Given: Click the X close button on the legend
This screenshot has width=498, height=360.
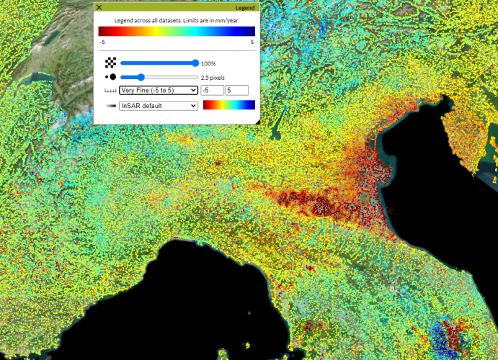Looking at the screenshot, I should point(99,7).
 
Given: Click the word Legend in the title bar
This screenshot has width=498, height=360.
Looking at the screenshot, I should point(246,7).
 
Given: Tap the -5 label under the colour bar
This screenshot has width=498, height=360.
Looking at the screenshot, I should point(102,42).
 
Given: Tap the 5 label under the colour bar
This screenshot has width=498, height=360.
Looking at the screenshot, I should point(252,42).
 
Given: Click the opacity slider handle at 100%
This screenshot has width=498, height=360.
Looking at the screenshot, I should point(196,63).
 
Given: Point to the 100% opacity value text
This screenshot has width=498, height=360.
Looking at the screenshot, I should point(208,64).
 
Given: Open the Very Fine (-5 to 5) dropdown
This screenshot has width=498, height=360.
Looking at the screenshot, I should point(159,90).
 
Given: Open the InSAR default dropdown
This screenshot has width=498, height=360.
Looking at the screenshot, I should point(159,106).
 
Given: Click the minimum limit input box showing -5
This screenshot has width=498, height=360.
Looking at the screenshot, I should point(212,90).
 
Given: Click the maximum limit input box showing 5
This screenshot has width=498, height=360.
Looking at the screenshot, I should point(237,90).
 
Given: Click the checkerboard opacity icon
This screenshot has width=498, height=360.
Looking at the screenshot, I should point(110,63).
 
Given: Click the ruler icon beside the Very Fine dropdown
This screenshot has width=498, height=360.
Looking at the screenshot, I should point(110,91).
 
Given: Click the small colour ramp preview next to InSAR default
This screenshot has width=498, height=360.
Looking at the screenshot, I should point(229,106).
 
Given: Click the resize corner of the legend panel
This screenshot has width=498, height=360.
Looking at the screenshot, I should point(257,121).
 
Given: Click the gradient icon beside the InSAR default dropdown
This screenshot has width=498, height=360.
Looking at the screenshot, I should point(110,106).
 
